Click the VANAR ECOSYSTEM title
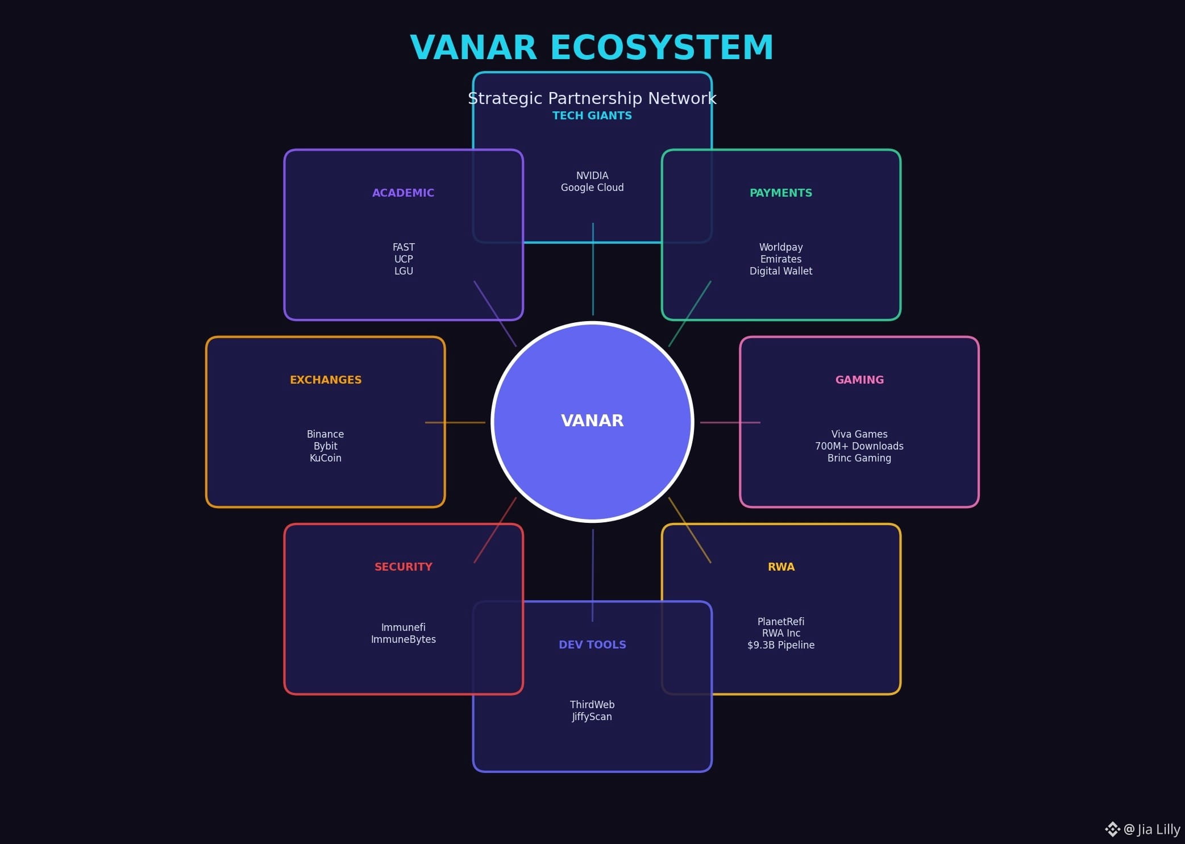(x=592, y=47)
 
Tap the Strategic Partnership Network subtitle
(x=592, y=98)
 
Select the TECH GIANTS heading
(x=592, y=115)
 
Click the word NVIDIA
(x=592, y=176)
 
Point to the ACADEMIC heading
(x=403, y=193)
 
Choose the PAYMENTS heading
(x=780, y=193)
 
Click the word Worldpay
(x=780, y=247)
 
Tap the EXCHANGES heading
(x=325, y=380)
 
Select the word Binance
(x=325, y=434)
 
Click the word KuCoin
(x=325, y=458)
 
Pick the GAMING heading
(x=859, y=380)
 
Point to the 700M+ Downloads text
(x=859, y=446)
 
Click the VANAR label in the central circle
(x=592, y=421)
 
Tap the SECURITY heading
(x=403, y=567)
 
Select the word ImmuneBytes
(x=403, y=639)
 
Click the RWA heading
(x=780, y=567)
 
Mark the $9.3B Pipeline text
(x=780, y=645)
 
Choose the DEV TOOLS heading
(x=592, y=645)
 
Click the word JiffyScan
(x=592, y=717)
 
